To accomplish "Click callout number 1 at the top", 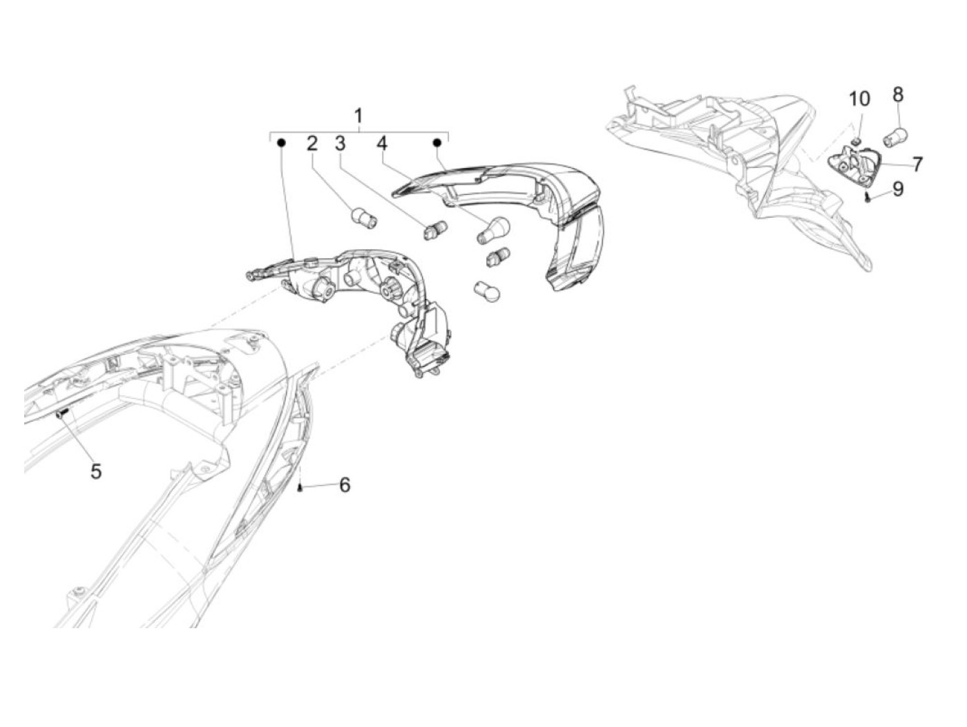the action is pos(358,115).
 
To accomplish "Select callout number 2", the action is pos(312,144).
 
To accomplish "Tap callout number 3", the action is pos(340,144).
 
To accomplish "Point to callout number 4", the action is pos(382,144).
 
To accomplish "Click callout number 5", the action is pos(95,471).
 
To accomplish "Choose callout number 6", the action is pos(344,485).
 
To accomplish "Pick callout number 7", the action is pos(917,164).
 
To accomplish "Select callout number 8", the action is pos(898,94).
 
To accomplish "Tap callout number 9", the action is pos(897,189).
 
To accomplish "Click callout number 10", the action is pos(859,99).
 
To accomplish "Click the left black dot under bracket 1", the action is pos(281,143).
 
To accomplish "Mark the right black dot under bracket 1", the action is pos(437,143).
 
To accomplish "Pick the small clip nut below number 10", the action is pos(854,141).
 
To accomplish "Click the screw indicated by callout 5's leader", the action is pos(61,414).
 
